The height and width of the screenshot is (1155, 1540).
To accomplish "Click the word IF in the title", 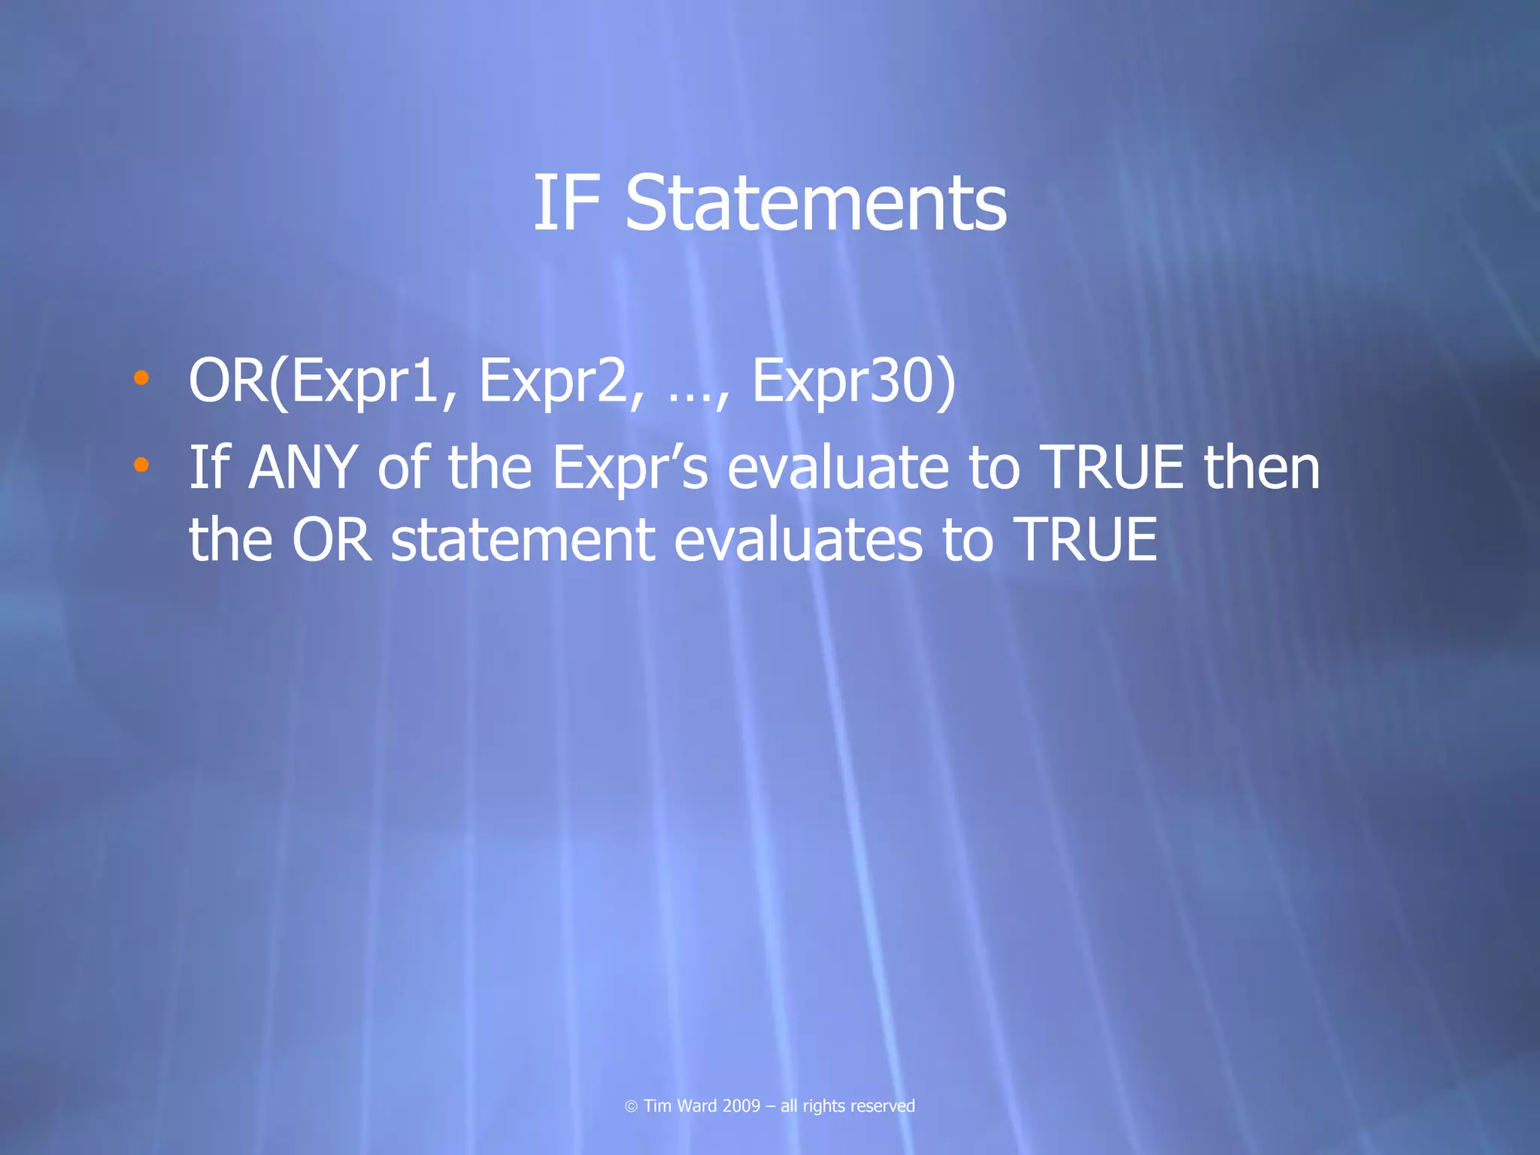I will coord(566,203).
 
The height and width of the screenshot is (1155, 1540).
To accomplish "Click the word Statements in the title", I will coord(815,203).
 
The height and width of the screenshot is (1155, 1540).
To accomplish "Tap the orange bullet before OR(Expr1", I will coord(141,377).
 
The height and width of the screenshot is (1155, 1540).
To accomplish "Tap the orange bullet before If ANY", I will coord(141,465).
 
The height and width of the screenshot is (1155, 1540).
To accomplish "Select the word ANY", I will coord(302,468).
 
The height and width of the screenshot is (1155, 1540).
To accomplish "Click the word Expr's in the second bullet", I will coord(629,468).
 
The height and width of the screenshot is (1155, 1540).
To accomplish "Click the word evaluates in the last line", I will coord(797,540).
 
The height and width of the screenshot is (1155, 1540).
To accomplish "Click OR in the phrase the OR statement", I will coord(331,540).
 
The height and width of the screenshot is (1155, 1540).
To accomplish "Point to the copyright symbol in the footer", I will coord(631,1106).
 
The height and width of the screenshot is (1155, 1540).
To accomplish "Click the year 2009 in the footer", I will coord(741,1105).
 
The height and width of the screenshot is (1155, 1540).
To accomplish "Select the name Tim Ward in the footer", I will coord(680,1105).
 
